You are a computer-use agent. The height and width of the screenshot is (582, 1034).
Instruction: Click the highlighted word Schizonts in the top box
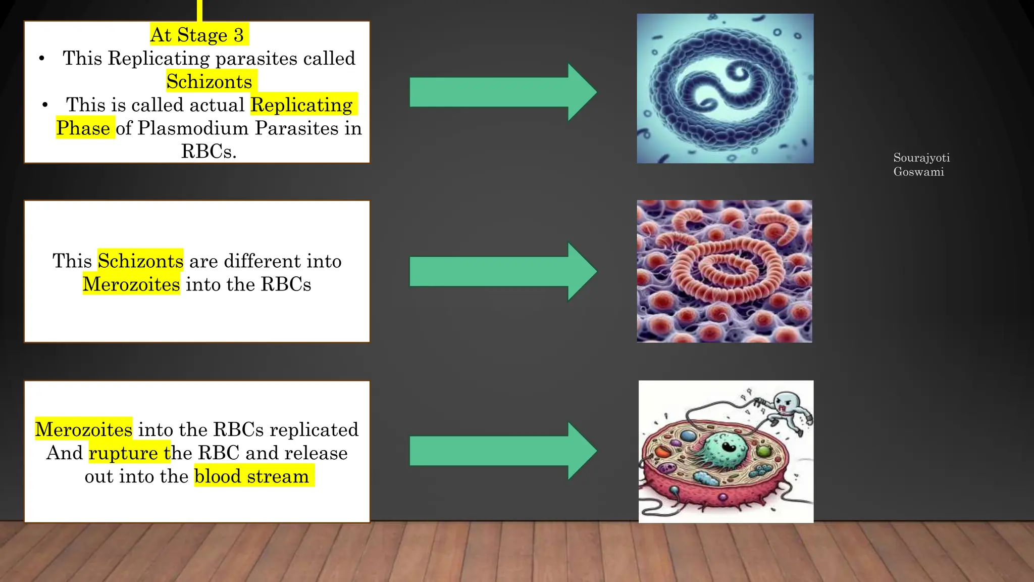(x=210, y=82)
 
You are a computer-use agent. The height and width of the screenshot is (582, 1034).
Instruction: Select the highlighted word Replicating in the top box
(x=302, y=105)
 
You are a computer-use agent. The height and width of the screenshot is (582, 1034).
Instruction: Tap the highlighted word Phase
(x=83, y=128)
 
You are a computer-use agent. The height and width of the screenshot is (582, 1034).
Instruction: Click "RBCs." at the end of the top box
(x=209, y=151)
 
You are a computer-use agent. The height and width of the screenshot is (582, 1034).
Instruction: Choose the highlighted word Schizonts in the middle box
(x=140, y=261)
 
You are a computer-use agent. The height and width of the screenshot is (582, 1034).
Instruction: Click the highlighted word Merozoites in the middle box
(x=131, y=284)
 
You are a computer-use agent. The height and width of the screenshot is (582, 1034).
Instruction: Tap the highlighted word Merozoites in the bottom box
(x=84, y=429)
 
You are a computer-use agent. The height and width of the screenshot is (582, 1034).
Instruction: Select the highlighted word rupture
(x=123, y=453)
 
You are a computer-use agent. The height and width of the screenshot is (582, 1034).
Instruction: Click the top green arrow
(x=502, y=92)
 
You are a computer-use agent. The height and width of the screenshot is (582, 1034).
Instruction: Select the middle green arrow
(x=502, y=272)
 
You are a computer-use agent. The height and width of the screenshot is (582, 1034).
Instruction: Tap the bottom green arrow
(x=502, y=451)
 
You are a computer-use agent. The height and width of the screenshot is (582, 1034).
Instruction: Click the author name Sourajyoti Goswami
(x=921, y=165)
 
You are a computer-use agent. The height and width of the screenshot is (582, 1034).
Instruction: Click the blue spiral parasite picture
(x=725, y=88)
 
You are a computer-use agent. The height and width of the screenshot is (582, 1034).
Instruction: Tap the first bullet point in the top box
(x=42, y=59)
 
